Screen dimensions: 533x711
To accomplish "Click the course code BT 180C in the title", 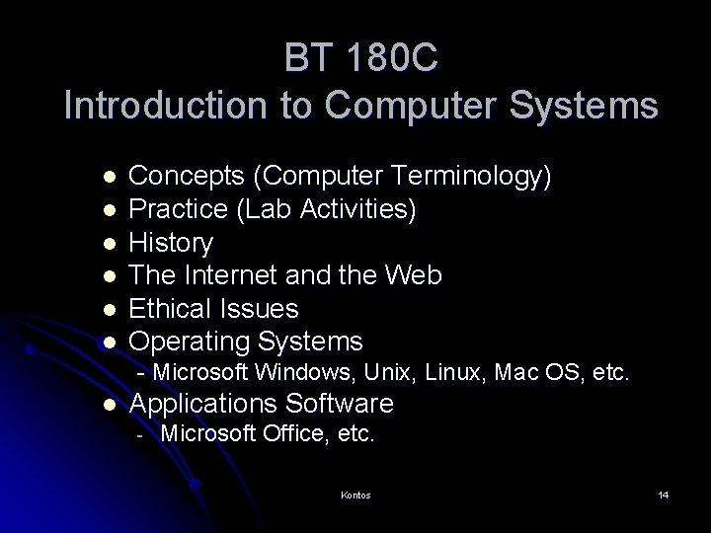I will [360, 59].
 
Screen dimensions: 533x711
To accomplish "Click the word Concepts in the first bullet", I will [188, 177].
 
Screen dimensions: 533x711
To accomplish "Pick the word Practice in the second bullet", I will [177, 210].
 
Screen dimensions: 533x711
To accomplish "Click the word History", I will [171, 243].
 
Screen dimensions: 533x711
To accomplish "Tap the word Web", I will [415, 275].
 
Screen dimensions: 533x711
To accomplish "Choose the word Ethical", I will [171, 308].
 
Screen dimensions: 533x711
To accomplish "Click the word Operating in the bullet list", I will [191, 342].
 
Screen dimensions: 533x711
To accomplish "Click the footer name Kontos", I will [355, 495].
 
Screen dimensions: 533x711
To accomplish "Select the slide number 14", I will [664, 495].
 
